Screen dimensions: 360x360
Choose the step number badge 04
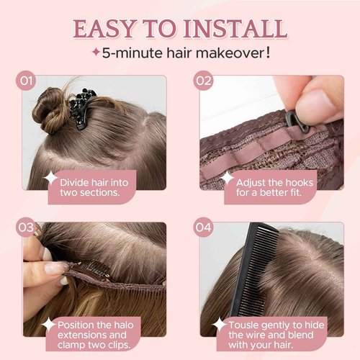point(204,228)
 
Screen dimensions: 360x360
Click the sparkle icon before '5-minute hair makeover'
point(94,53)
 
